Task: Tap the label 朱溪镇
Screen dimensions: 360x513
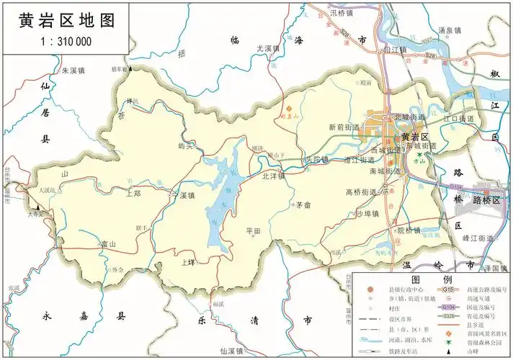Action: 73,71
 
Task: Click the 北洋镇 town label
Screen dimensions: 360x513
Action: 273,175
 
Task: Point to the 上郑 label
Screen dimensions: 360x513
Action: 133,193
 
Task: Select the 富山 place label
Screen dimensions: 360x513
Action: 109,244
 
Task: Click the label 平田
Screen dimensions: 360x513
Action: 253,231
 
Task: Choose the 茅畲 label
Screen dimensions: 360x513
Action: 303,205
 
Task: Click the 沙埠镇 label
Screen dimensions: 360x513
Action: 367,213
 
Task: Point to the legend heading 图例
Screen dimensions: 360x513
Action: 432,279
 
